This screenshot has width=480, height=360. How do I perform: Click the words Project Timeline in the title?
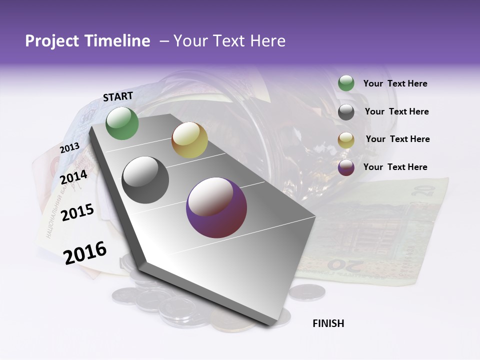point(87,41)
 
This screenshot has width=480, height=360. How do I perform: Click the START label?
point(118,96)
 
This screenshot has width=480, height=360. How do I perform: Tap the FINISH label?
point(328,323)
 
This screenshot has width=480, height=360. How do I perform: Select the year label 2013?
point(69,148)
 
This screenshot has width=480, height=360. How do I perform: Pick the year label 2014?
point(73,177)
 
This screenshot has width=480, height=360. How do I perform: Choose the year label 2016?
point(85,252)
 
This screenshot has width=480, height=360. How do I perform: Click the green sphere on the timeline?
point(122,123)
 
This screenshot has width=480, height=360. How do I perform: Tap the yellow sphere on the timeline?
point(189,140)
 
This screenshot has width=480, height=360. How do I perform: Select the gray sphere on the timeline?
point(145,180)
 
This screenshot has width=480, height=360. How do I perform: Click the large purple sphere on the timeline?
point(216,207)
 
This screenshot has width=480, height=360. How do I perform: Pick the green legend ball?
point(346,83)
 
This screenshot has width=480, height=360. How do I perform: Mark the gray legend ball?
point(346,112)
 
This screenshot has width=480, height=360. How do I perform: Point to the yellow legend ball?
point(346,140)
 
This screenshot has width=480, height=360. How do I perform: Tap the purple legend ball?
point(346,167)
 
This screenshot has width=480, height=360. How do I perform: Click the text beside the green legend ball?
point(395,83)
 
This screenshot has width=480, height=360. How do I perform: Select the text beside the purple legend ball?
point(395,167)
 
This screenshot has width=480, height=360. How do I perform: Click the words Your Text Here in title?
point(229,41)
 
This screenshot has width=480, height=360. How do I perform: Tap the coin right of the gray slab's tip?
point(307,292)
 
